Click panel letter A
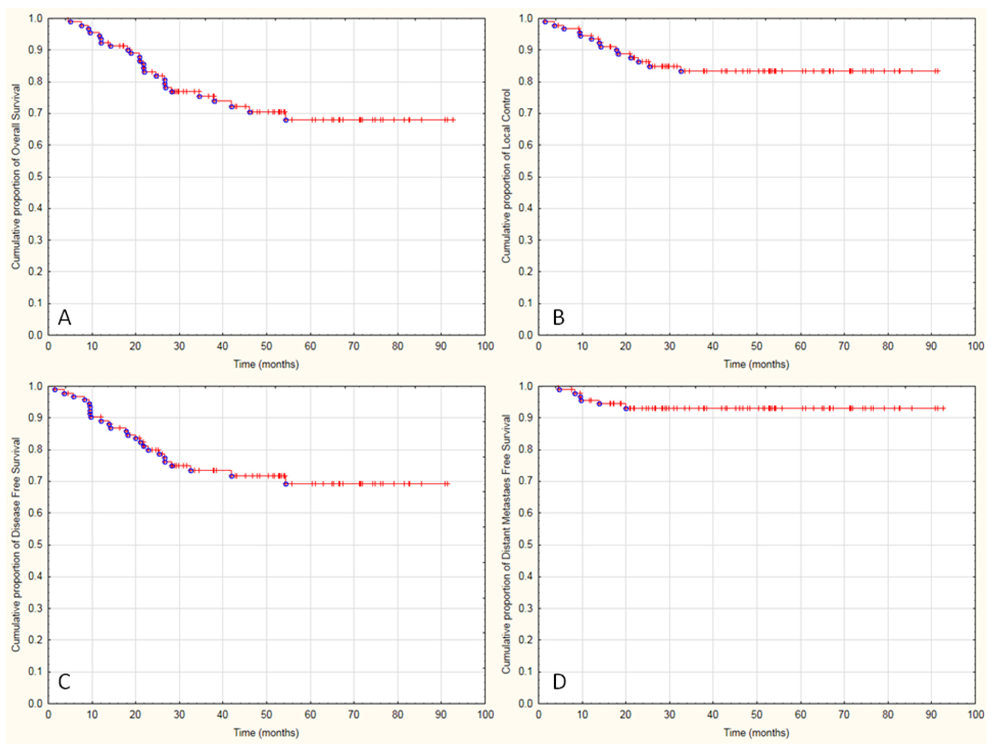point(65,318)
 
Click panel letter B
point(558,318)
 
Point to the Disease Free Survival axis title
point(16,544)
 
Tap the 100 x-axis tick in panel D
point(975,714)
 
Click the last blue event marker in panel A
point(286,120)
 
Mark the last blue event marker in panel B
point(681,71)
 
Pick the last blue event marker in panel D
point(626,408)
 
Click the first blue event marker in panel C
point(55,389)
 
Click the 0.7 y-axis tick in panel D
point(526,481)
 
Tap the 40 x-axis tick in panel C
point(223,714)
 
